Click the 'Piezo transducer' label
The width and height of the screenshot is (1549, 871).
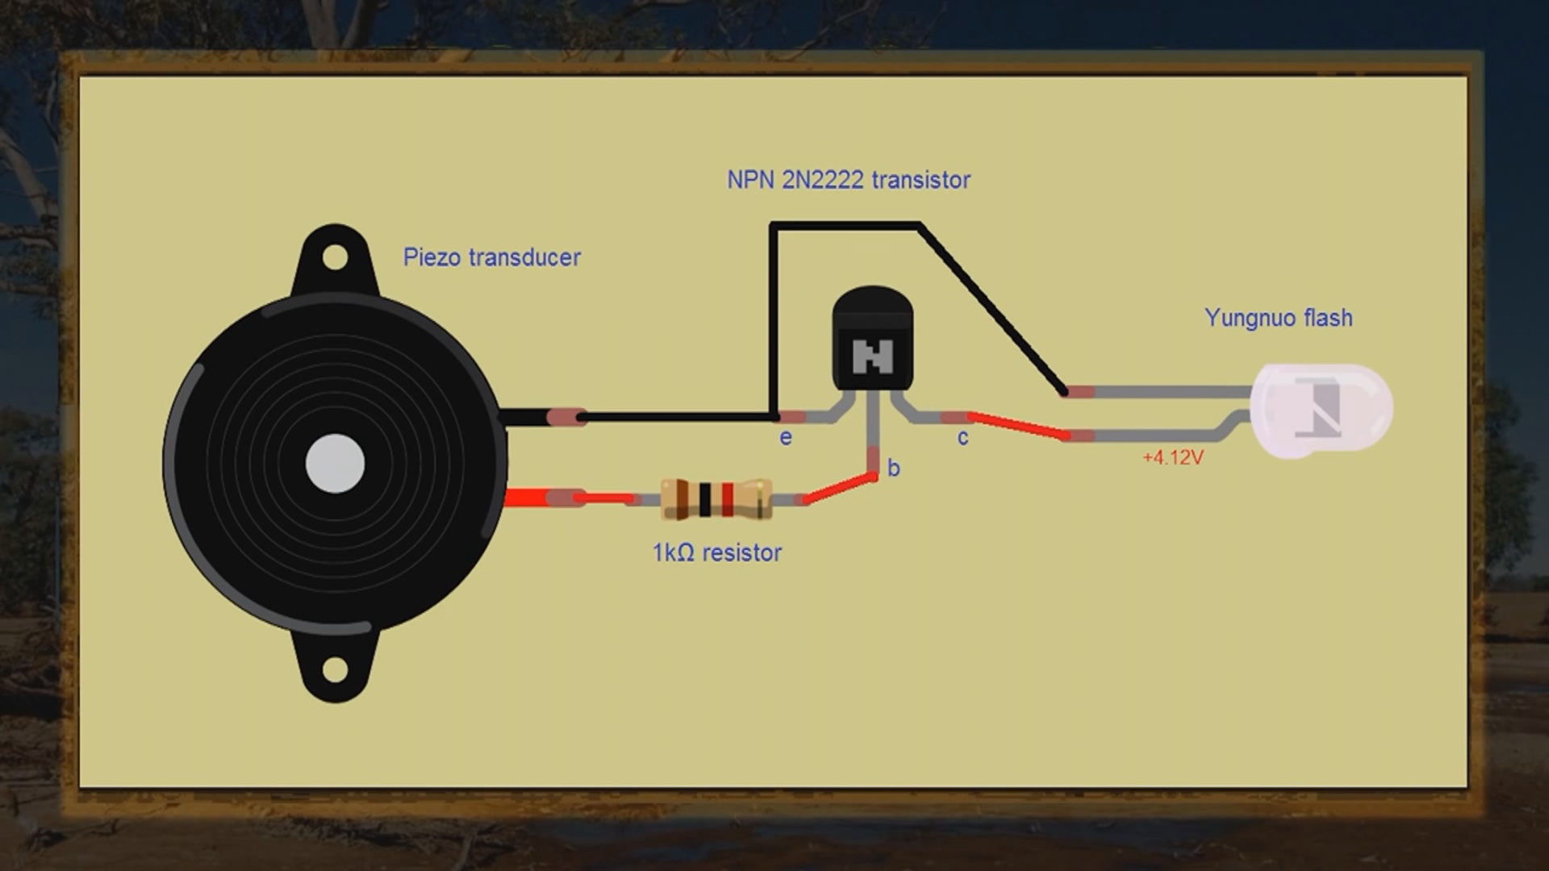click(x=491, y=257)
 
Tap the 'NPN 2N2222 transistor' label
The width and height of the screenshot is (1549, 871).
click(x=848, y=180)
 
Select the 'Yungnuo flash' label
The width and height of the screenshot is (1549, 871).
click(x=1278, y=318)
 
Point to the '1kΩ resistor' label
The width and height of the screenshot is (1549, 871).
click(x=716, y=552)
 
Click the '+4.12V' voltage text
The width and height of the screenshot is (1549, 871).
click(x=1172, y=458)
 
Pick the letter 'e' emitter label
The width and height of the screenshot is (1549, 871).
click(x=785, y=438)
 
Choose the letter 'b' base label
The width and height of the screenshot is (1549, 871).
click(x=893, y=469)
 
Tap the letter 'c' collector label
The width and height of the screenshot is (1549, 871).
click(x=962, y=438)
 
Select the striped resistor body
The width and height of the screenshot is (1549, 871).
click(x=716, y=499)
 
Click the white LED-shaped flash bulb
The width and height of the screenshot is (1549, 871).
click(x=1321, y=410)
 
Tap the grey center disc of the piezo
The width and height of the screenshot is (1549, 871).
click(x=335, y=464)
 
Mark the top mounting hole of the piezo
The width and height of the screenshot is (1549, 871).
click(x=335, y=258)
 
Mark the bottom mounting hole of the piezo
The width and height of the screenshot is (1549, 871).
click(x=335, y=669)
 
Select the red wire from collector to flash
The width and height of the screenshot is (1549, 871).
click(x=1019, y=427)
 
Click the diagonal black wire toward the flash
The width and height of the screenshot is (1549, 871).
click(x=992, y=310)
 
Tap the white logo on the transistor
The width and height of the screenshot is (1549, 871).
click(x=872, y=356)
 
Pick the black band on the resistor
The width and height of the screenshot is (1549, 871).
click(x=705, y=499)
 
